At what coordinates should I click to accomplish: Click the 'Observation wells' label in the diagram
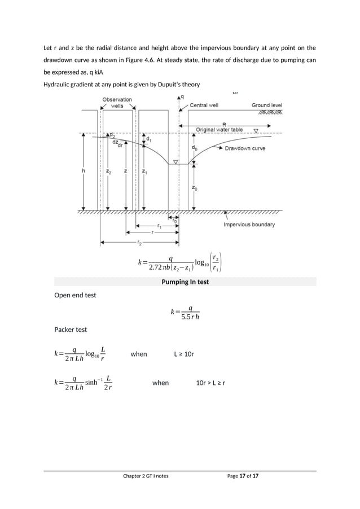(x=117, y=102)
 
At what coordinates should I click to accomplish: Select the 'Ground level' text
(x=267, y=105)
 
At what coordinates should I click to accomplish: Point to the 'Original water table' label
(x=219, y=130)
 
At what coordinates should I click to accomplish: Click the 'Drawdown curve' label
(x=246, y=149)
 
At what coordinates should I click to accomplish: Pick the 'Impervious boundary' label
(x=249, y=225)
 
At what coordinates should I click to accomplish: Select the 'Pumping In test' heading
(x=185, y=282)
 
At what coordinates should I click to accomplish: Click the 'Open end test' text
(x=74, y=295)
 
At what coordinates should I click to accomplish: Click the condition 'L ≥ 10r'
(x=184, y=354)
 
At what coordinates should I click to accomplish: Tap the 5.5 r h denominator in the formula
(x=190, y=317)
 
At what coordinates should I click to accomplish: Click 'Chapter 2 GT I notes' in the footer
(x=146, y=476)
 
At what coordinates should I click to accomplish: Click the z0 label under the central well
(x=195, y=188)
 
